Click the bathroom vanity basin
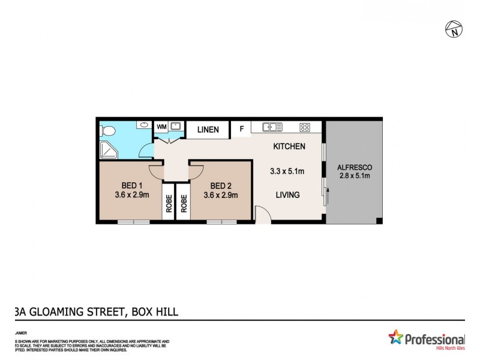(144, 125)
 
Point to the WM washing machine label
(161, 127)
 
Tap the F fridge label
(242, 128)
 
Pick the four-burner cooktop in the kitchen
(305, 127)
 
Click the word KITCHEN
(289, 146)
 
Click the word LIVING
(287, 195)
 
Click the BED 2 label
(221, 185)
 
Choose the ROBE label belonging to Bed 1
(169, 205)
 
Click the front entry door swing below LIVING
(262, 214)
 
